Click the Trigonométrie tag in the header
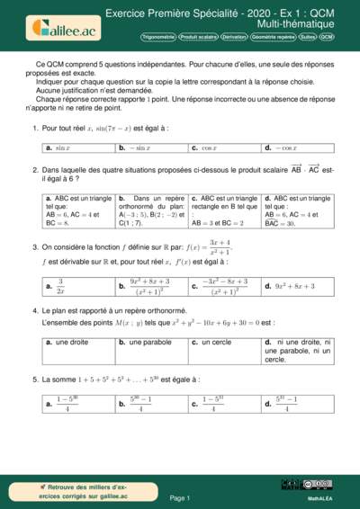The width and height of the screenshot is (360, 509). point(157,38)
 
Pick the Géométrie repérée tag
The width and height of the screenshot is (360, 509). point(272,38)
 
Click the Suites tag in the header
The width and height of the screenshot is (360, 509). point(308,38)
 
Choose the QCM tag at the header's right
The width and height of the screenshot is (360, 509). point(327,38)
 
